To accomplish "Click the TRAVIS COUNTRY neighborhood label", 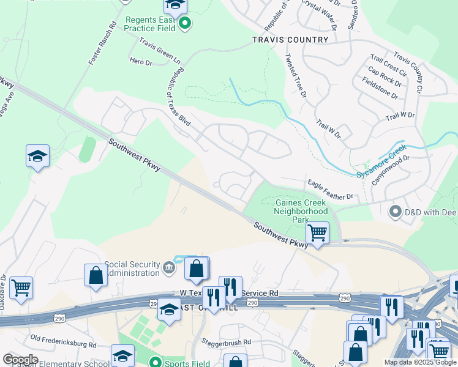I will click(x=290, y=40).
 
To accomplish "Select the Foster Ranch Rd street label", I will click(x=102, y=45).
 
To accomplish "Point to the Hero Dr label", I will click(x=140, y=61).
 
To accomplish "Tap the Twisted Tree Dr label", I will click(x=295, y=75).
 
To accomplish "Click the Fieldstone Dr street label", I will click(x=380, y=89).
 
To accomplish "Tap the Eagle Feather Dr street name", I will click(x=330, y=190).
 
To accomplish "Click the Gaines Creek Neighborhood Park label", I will click(x=301, y=210).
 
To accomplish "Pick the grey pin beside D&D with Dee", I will click(x=395, y=212).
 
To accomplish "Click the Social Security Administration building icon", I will click(x=168, y=267).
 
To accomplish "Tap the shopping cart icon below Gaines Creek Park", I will click(x=317, y=232).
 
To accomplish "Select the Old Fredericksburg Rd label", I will click(x=63, y=341).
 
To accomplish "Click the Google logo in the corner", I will click(x=20, y=360).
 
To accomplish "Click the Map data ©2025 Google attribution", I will click(x=420, y=362).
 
